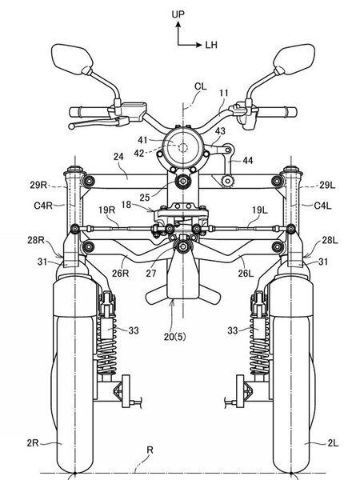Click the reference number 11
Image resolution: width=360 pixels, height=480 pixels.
tap(223, 94)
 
